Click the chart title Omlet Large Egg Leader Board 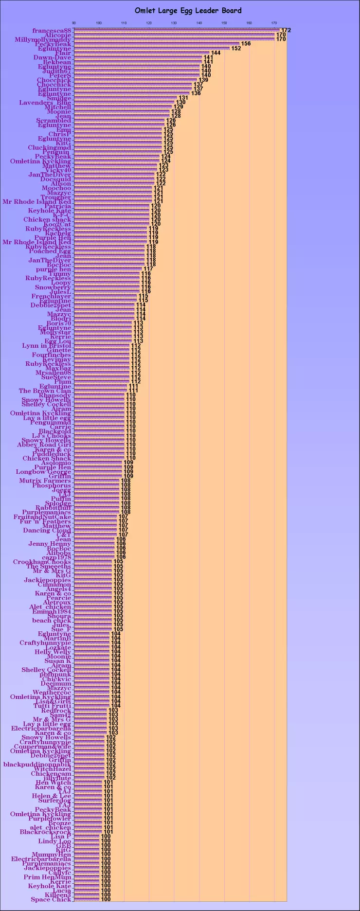click(188, 10)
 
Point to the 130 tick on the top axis click(174, 23)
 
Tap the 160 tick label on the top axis click(249, 23)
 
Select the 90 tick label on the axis click(74, 23)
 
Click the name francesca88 click(52, 31)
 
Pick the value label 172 click(286, 31)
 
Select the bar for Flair click(141, 53)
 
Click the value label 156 click(246, 44)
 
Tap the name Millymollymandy click(43, 39)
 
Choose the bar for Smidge click(125, 98)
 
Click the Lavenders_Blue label click(45, 103)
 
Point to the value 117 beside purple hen click(148, 269)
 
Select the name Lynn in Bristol click(46, 346)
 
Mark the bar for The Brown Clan click(100, 391)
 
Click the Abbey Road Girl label click(44, 445)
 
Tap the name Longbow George click(43, 472)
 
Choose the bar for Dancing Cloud click(95, 530)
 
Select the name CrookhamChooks click(42, 562)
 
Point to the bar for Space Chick click(86, 899)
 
